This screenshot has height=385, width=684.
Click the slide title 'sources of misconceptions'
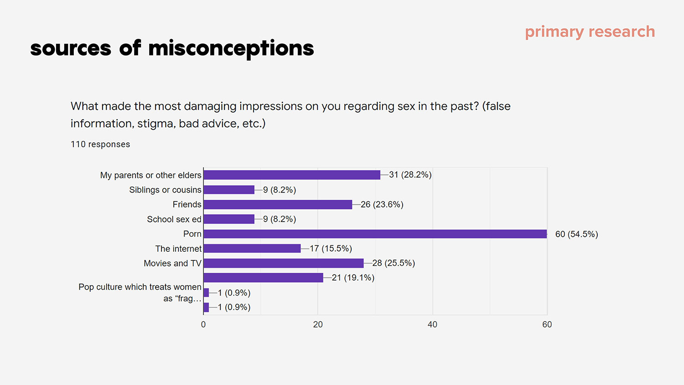[x=172, y=48]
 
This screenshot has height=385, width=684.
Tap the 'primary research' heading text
[x=590, y=32]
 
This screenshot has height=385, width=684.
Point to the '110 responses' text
[x=100, y=144]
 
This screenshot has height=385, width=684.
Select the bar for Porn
[x=375, y=234]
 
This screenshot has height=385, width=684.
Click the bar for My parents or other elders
[x=292, y=175]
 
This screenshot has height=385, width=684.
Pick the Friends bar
[x=278, y=204]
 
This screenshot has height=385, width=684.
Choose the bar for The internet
[x=252, y=249]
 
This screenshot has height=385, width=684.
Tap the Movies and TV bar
[x=284, y=263]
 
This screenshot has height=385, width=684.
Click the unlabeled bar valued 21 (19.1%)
[x=263, y=278]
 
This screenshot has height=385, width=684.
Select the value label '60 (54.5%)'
[x=576, y=234]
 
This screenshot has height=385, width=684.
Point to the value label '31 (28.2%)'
[x=410, y=175]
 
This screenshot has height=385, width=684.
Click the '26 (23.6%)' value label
[x=382, y=204]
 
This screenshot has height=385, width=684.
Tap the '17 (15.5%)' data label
[x=331, y=249]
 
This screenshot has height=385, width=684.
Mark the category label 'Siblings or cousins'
[x=165, y=190]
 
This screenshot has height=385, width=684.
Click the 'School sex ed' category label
[x=174, y=219]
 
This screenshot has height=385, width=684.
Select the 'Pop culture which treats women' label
[x=140, y=287]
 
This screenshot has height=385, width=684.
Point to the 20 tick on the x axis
[x=318, y=324]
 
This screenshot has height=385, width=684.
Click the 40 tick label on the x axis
[x=432, y=324]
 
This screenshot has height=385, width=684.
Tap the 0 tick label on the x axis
[x=203, y=324]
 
